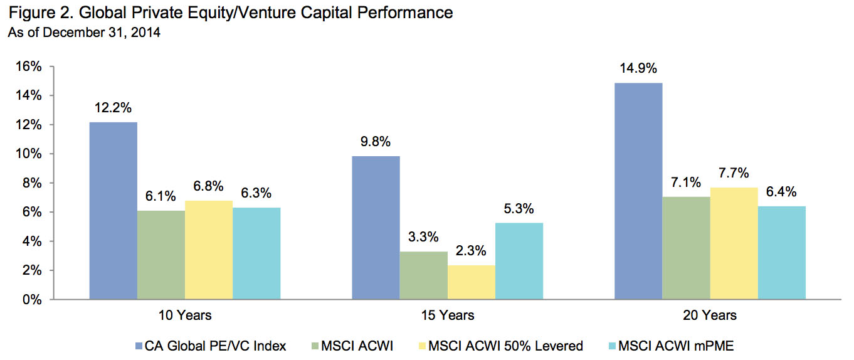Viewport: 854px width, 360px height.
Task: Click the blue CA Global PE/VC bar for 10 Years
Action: [113, 211]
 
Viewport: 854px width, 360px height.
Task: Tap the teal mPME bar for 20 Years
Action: [781, 253]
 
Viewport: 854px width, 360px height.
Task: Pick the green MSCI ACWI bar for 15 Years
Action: [423, 275]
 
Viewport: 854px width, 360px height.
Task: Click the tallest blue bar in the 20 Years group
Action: [638, 191]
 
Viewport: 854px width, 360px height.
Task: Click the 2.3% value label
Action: [471, 251]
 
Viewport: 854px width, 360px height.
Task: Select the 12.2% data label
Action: [113, 108]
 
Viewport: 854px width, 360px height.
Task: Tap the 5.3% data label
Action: [519, 209]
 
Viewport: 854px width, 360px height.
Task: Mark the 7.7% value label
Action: [734, 173]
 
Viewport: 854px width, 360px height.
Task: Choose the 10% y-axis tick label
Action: [28, 154]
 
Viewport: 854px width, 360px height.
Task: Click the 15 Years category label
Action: [447, 315]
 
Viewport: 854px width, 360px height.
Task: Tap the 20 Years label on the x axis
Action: [710, 315]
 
